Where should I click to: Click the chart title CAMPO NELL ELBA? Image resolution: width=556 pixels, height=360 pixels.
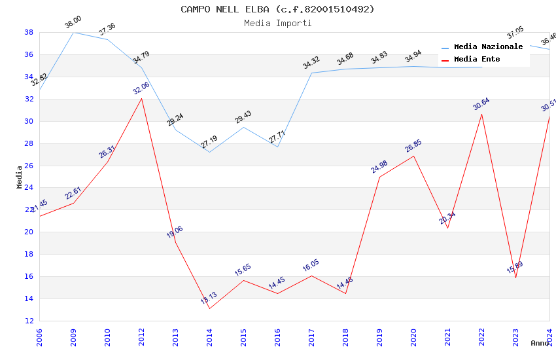[x=277, y=9]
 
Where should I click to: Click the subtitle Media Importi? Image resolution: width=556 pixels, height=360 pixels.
[x=277, y=23]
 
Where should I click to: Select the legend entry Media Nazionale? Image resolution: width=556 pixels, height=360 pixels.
[x=488, y=47]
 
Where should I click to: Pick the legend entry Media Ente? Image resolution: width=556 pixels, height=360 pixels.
[x=477, y=60]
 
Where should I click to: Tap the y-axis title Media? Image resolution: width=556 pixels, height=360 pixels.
[x=20, y=177]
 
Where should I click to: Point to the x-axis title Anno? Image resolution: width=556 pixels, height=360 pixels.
[x=540, y=343]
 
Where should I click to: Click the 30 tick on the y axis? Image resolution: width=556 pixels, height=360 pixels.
[x=29, y=121]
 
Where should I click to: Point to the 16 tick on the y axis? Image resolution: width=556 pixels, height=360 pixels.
[x=29, y=276]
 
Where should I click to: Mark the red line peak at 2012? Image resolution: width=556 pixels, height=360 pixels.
[x=141, y=98]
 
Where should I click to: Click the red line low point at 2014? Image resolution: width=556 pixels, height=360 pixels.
[x=209, y=308]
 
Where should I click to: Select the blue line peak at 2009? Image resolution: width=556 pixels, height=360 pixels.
[x=73, y=32]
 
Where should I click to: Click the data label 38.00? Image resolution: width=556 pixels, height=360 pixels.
[x=73, y=23]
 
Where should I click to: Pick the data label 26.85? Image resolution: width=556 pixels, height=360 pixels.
[x=413, y=146]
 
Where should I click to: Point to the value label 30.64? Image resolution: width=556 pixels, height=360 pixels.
[x=481, y=104]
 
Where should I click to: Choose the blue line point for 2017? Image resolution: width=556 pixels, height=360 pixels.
[x=311, y=73]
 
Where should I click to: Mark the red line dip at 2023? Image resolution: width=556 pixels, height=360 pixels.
[x=515, y=278]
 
